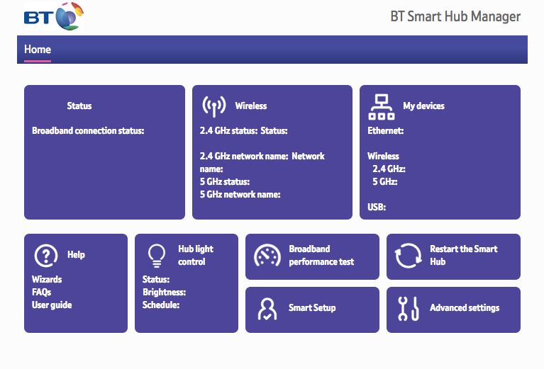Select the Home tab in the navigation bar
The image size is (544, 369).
click(38, 49)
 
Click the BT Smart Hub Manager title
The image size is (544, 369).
click(455, 16)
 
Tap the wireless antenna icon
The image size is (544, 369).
click(214, 106)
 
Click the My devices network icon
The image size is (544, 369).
click(382, 107)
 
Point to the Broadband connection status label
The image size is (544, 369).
click(88, 130)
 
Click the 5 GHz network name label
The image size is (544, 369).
click(240, 194)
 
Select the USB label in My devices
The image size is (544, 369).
click(377, 208)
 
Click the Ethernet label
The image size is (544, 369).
click(385, 130)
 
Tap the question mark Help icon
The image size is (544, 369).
click(46, 256)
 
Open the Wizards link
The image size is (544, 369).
click(47, 279)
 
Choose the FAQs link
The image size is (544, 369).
click(42, 292)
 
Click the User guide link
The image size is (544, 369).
click(52, 305)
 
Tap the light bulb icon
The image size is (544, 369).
click(157, 256)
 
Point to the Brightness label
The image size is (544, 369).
click(164, 292)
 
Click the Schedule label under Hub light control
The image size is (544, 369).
click(161, 305)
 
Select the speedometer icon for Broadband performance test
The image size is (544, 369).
click(267, 256)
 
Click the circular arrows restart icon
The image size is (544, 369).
click(408, 256)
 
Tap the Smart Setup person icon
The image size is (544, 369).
click(267, 309)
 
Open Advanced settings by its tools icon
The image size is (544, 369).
click(409, 308)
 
